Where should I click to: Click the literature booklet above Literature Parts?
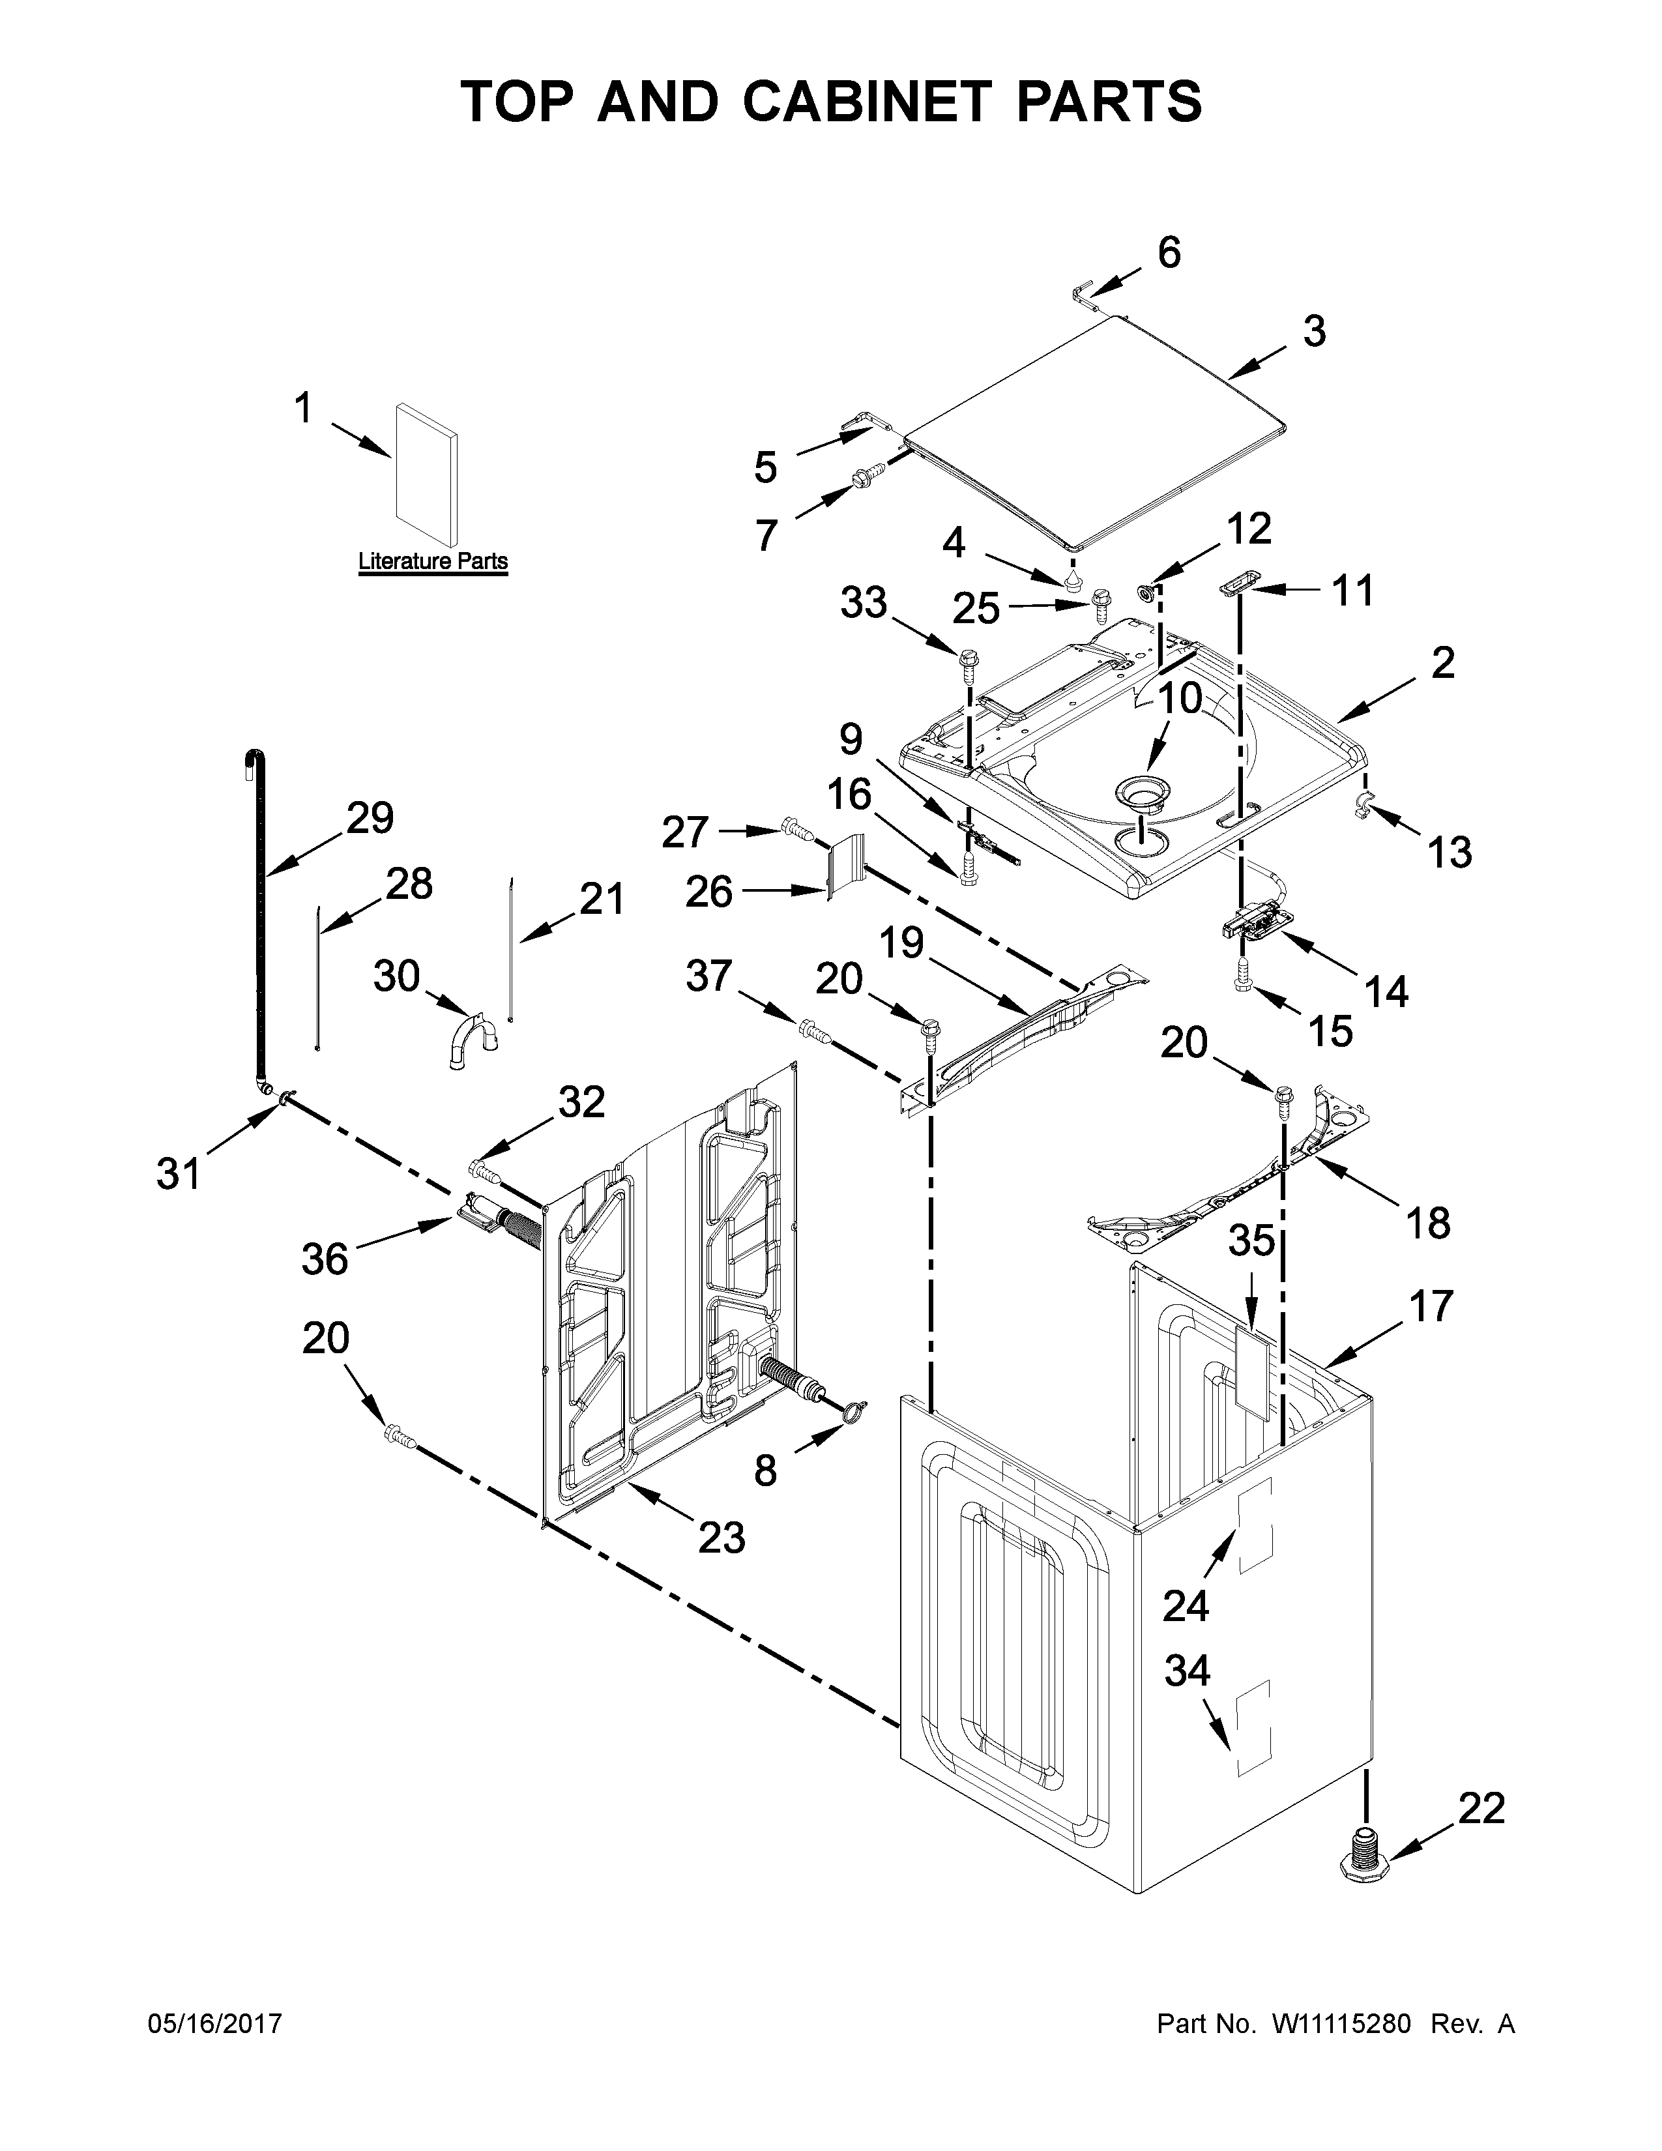426,475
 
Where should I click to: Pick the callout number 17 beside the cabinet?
1429,1306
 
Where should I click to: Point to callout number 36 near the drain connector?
325,1259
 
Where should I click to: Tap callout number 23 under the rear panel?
722,1536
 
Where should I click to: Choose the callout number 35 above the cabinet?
1251,1241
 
